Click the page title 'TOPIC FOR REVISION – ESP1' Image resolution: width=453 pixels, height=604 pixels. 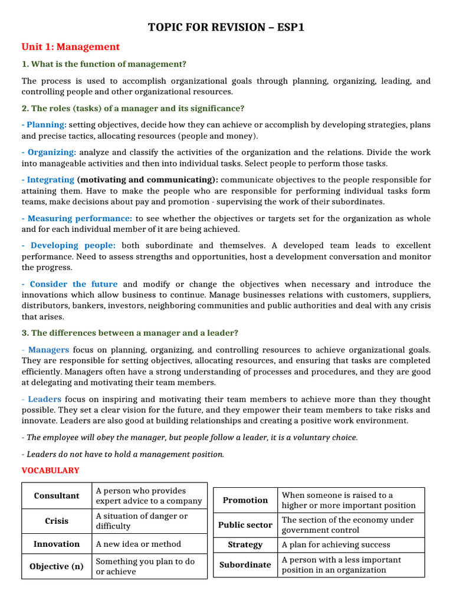coord(226,27)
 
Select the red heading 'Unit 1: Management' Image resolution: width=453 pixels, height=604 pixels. coord(70,47)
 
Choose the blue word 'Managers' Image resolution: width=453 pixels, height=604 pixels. coord(48,350)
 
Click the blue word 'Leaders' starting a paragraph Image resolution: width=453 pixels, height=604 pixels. coord(45,399)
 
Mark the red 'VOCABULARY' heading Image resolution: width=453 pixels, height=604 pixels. coord(50,470)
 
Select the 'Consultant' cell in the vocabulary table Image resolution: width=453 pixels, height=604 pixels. coord(57,495)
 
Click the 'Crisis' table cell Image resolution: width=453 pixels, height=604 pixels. coord(57,521)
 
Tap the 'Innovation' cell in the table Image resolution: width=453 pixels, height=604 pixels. coord(57,544)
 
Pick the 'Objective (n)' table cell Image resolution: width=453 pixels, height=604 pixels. coord(57,566)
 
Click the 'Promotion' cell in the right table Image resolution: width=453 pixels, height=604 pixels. coord(245,500)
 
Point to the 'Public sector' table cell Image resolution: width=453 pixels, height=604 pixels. coord(245,525)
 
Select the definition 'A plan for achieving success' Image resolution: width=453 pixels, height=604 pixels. coord(336,545)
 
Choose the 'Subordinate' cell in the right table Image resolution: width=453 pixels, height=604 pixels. coord(245,564)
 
